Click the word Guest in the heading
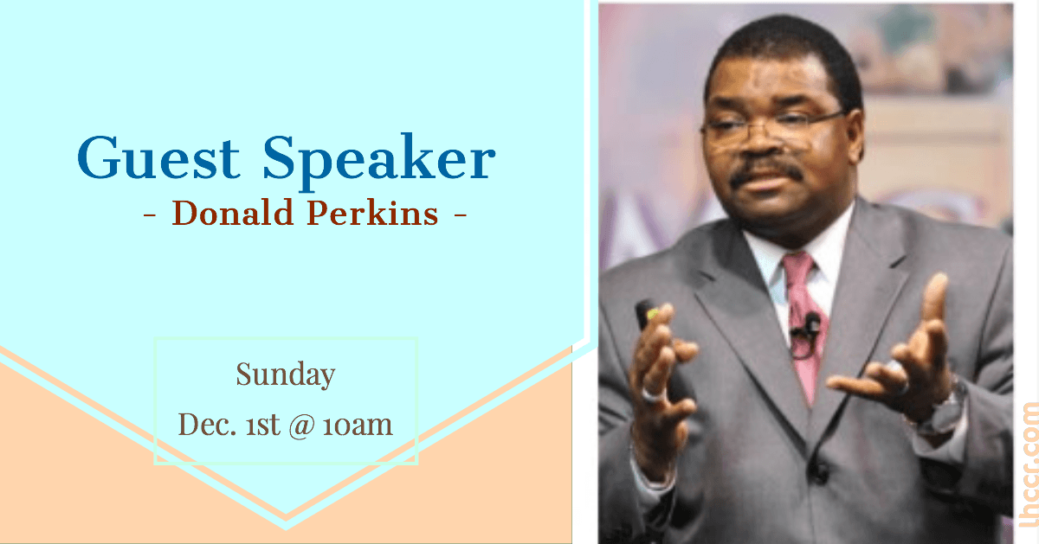(x=158, y=157)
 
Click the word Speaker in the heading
(x=379, y=161)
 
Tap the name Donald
(x=233, y=213)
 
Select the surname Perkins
(x=372, y=213)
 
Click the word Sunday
(x=285, y=374)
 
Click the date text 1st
(x=263, y=425)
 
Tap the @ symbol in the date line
(x=301, y=426)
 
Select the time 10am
(x=358, y=426)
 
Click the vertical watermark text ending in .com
(x=1029, y=464)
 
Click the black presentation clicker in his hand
(x=647, y=315)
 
